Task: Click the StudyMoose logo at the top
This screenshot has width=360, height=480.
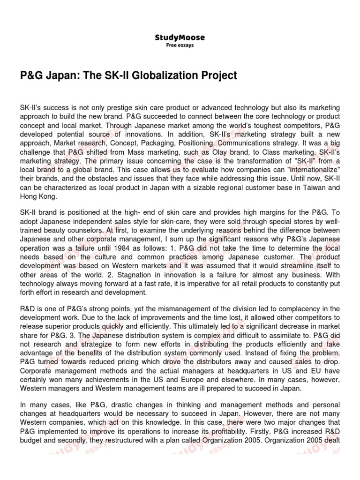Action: pyautogui.click(x=180, y=37)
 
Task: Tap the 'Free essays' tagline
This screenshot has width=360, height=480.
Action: pyautogui.click(x=180, y=45)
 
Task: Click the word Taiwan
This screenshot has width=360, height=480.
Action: pyautogui.click(x=319, y=188)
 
